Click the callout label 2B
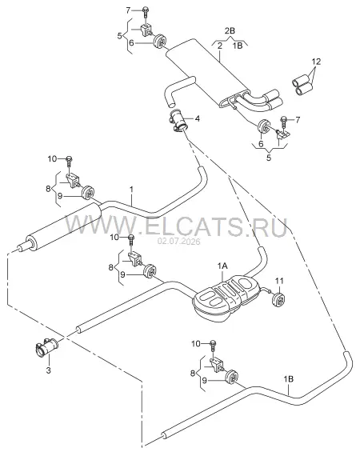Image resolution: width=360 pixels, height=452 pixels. (x=230, y=31)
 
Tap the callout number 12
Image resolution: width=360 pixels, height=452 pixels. (x=316, y=62)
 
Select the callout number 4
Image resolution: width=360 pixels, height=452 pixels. (x=197, y=118)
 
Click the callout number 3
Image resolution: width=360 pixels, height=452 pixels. (x=49, y=370)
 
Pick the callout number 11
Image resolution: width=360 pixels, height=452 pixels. (x=279, y=281)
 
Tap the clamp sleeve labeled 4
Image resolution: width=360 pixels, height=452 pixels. (x=178, y=122)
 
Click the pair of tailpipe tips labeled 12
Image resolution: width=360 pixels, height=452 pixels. (x=302, y=84)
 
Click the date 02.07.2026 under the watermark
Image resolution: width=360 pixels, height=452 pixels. (x=178, y=242)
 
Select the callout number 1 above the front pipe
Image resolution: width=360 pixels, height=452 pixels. (x=131, y=190)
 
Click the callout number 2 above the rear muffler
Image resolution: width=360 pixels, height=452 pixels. (x=220, y=46)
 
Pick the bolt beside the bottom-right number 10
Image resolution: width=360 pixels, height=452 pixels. (x=213, y=345)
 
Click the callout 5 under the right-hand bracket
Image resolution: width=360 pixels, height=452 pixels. (x=269, y=158)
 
